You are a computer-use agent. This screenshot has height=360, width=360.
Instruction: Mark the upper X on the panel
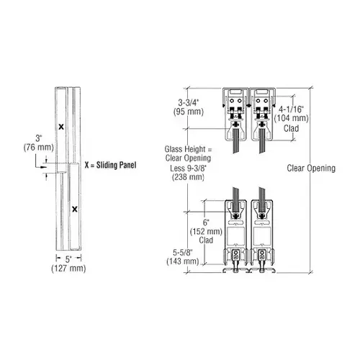coord(60,125)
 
